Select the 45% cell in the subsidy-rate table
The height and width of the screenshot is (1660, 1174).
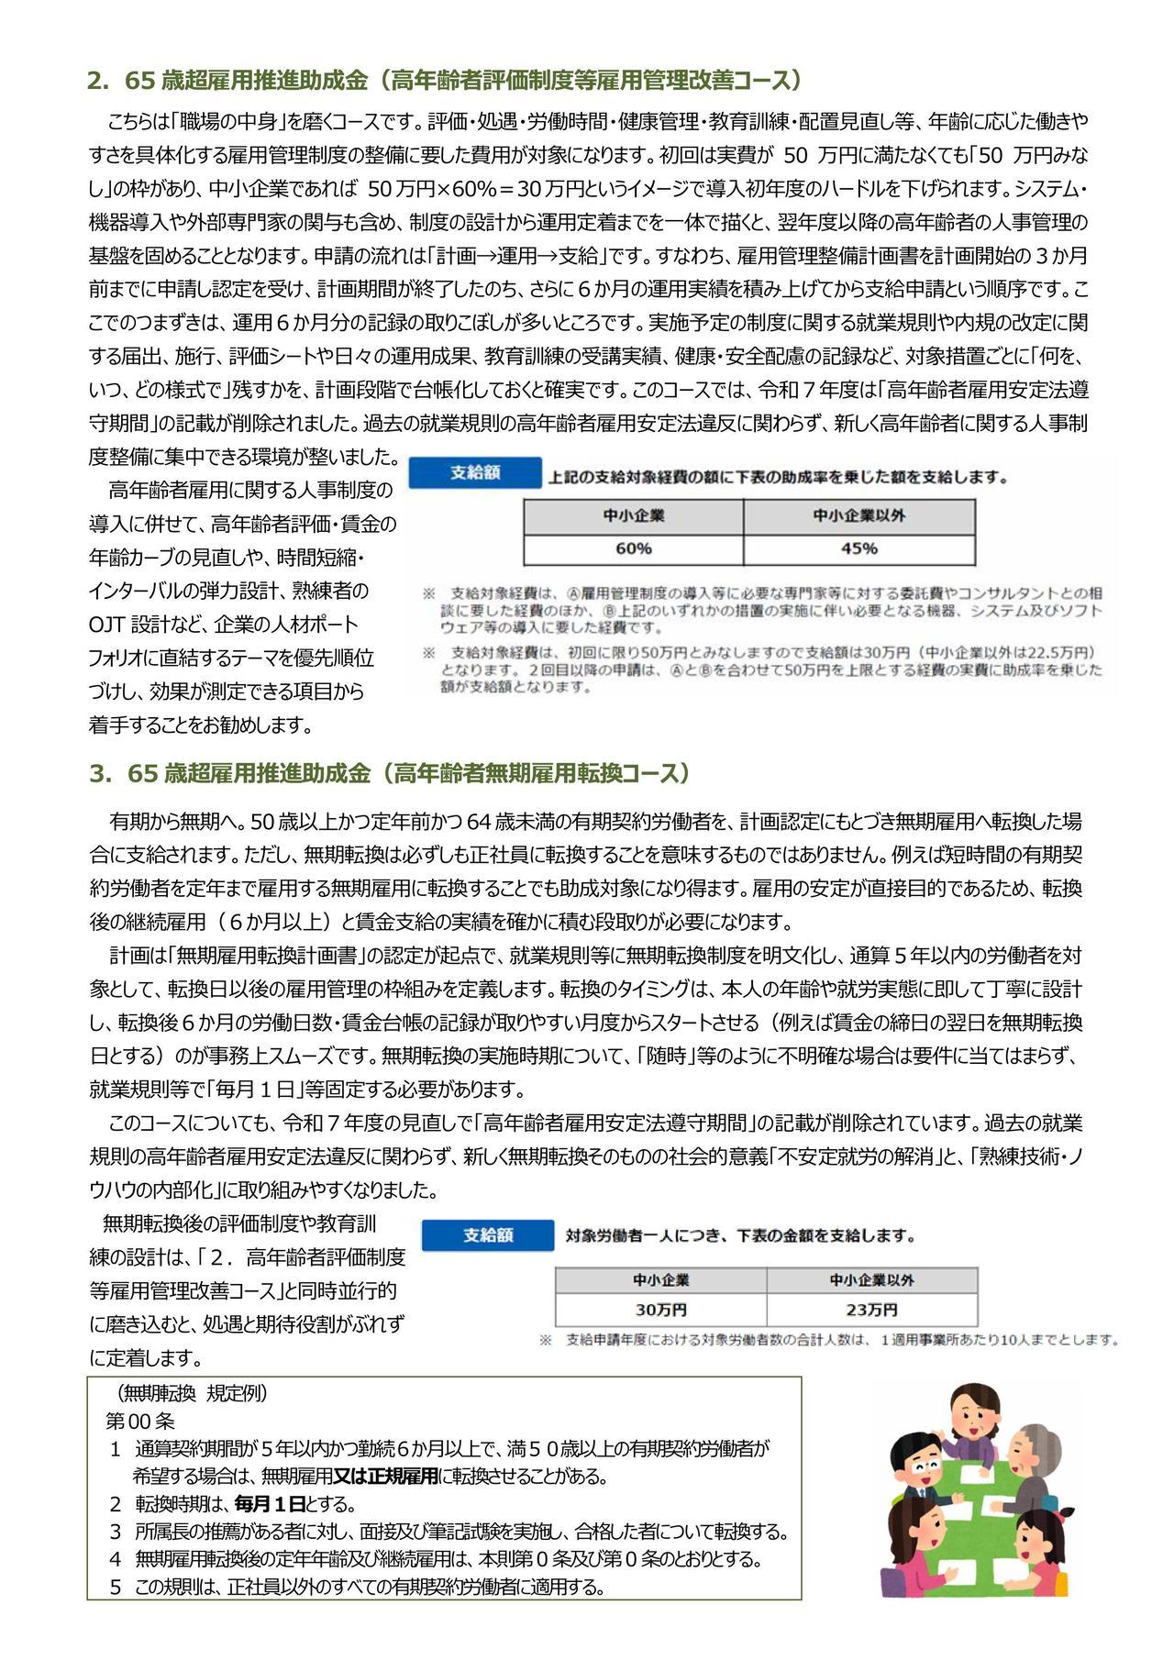coord(858,548)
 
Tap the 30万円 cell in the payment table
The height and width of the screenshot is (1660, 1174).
coord(660,1309)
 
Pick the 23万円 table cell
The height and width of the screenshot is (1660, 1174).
coord(871,1309)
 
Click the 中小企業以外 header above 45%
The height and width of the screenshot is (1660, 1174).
coord(858,515)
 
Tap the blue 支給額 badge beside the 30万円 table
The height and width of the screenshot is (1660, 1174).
coord(488,1235)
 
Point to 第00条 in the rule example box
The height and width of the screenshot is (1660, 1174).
coord(139,1421)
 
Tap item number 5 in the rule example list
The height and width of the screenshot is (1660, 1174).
coord(116,1588)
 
